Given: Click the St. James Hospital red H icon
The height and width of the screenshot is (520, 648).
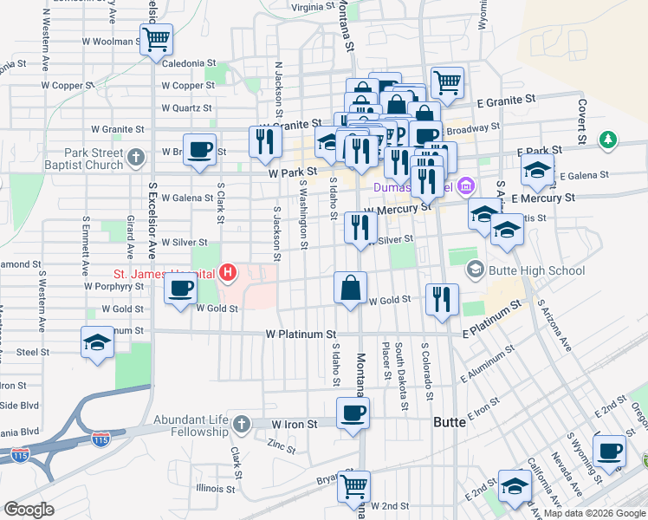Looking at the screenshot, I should [x=228, y=274].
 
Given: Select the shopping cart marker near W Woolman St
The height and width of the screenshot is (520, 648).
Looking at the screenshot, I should [x=157, y=38].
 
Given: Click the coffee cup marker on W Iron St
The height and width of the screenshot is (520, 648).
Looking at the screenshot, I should [x=352, y=413].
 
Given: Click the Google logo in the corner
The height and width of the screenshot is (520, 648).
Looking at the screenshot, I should [x=29, y=509].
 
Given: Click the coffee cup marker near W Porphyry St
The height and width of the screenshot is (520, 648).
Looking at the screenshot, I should [x=179, y=289].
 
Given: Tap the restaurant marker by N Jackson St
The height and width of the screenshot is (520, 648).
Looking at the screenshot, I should [x=265, y=140].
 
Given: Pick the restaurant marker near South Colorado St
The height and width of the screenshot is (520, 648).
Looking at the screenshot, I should [x=442, y=299].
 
